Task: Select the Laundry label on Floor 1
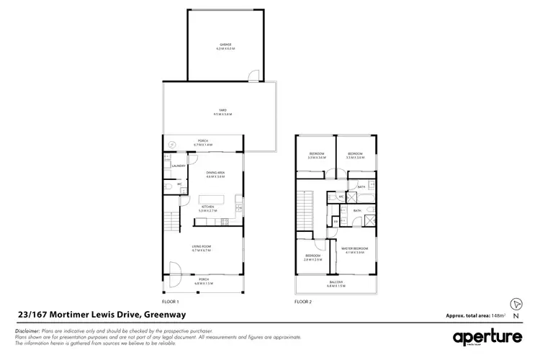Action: click(179, 166)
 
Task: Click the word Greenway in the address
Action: click(163, 314)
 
